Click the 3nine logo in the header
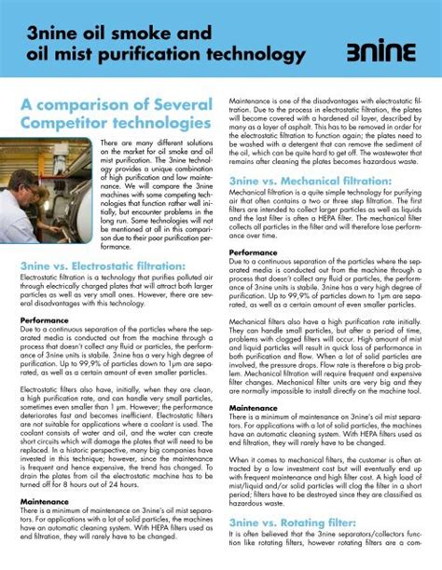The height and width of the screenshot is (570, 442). [x=384, y=54]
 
